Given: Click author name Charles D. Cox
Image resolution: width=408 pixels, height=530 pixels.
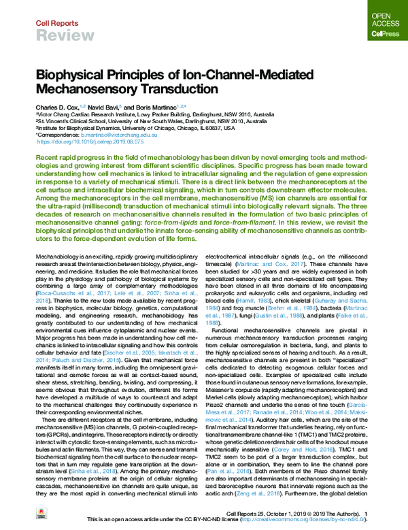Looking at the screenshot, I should point(56,107).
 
